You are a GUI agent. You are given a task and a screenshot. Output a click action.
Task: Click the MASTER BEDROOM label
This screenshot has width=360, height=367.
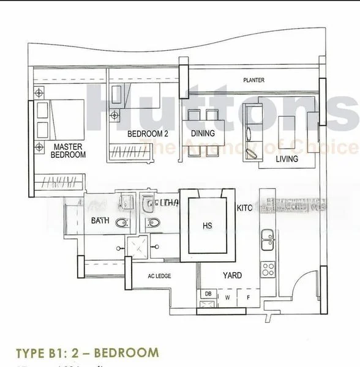(68, 151)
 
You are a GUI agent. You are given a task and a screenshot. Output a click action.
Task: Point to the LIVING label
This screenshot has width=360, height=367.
(287, 159)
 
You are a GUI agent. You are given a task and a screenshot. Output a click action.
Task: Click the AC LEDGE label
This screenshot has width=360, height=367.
(159, 276)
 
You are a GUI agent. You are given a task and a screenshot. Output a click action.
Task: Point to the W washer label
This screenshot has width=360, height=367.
(228, 298)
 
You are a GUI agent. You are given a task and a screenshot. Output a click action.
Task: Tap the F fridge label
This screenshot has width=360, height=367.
(248, 298)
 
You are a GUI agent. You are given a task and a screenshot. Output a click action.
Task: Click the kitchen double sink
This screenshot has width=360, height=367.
(268, 243)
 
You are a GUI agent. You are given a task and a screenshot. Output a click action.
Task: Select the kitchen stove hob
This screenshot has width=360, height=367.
(268, 269)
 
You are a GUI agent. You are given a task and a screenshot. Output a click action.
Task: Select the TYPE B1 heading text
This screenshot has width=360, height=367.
(86, 353)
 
